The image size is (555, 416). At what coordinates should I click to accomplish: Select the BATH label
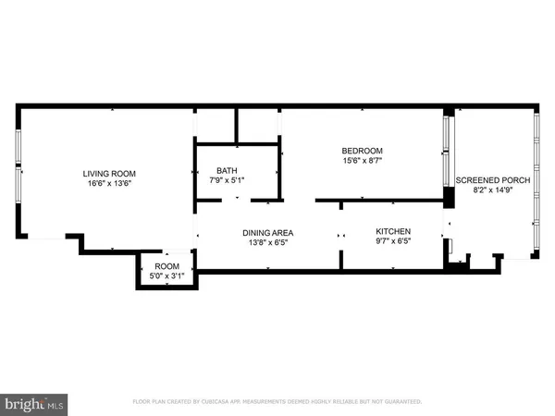click(x=227, y=170)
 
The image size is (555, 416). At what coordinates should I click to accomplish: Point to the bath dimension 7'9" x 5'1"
click(x=227, y=180)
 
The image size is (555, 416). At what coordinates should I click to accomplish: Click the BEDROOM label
click(x=362, y=152)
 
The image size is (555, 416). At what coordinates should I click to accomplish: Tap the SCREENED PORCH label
click(x=492, y=180)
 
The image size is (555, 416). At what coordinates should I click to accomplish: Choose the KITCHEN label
click(x=392, y=231)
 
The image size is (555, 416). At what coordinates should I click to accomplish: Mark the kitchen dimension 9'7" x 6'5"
click(x=392, y=241)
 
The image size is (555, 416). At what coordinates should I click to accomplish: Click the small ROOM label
click(x=167, y=265)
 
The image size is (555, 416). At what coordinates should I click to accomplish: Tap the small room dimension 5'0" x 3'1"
click(x=167, y=275)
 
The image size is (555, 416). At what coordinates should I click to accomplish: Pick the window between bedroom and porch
click(x=449, y=153)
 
